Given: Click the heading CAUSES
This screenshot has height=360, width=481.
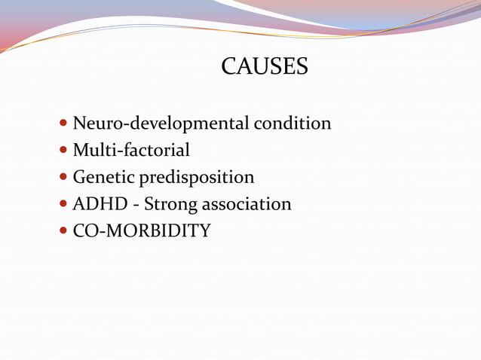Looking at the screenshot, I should pyautogui.click(x=265, y=67).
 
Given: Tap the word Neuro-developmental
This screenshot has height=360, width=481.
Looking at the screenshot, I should pyautogui.click(x=161, y=124).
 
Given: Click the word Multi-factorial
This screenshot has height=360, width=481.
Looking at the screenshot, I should pyautogui.click(x=131, y=151).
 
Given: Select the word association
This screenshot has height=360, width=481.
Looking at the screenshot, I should pyautogui.click(x=245, y=204).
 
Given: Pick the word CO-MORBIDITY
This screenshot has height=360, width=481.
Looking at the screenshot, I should pyautogui.click(x=142, y=231).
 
